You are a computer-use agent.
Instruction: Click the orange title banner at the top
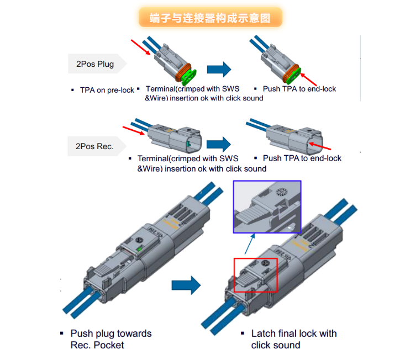click(210, 17)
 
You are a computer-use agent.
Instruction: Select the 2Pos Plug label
click(95, 64)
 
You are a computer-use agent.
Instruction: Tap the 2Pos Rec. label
click(94, 146)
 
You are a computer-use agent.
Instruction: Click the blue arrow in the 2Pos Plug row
click(219, 69)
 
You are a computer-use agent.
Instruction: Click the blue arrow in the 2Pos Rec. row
click(218, 144)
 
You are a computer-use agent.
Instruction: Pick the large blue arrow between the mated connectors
click(185, 285)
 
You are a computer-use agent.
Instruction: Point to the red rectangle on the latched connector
click(256, 274)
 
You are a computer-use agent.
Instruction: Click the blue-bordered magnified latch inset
click(267, 207)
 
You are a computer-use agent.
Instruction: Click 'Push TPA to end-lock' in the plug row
click(299, 89)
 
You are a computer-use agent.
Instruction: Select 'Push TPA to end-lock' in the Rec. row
click(302, 158)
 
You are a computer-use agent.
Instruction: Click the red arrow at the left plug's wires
click(140, 47)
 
